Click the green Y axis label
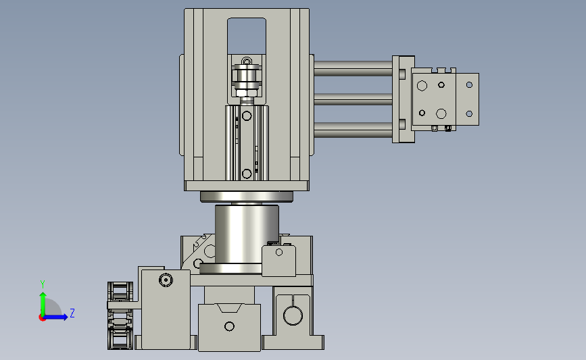coord(43,284)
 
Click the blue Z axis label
coord(72,313)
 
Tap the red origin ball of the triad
coord(42,318)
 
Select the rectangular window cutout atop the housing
coord(247,36)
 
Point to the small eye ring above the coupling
coord(247,61)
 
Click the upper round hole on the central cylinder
coord(247,115)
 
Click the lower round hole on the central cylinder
coord(247,174)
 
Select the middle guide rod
coord(353,99)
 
